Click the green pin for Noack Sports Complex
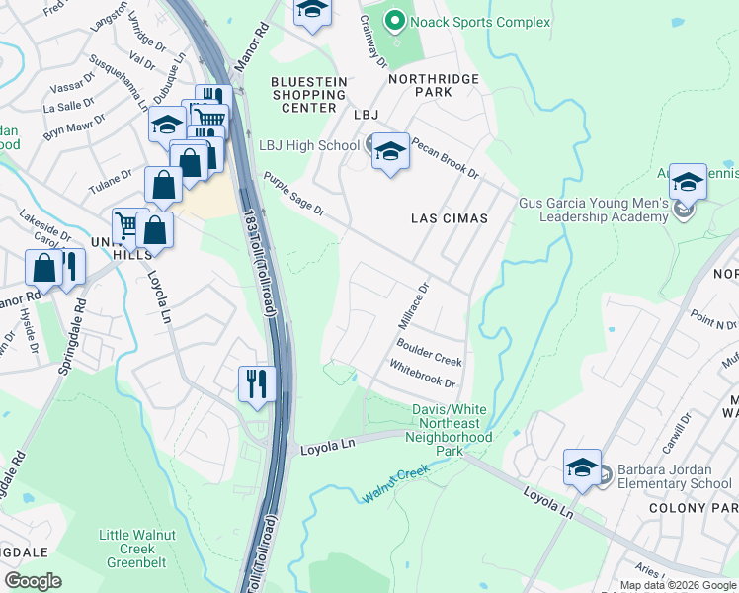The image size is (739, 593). (395, 20)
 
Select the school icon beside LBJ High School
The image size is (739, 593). (391, 151)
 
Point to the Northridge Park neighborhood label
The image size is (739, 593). (433, 85)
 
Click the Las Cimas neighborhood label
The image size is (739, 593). (450, 217)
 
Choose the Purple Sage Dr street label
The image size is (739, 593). (293, 193)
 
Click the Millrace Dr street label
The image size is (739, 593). (416, 305)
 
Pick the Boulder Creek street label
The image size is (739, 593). (429, 353)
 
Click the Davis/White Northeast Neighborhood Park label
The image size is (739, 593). (452, 430)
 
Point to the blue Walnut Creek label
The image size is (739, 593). (395, 483)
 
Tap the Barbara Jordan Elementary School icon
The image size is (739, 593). (582, 468)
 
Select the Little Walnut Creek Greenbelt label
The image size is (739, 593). (127, 549)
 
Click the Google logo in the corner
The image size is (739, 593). (33, 581)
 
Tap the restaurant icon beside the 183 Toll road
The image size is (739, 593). (257, 383)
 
